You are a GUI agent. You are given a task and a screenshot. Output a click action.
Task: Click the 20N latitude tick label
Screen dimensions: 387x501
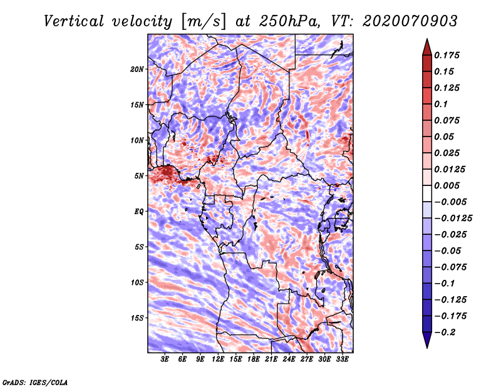tap(137, 69)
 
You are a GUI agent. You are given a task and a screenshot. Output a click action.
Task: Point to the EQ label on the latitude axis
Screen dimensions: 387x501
tap(138, 212)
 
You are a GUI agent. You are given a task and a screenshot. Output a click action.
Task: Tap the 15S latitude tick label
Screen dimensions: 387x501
tap(137, 318)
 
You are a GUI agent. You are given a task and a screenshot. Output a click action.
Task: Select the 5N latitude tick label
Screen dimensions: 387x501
tap(139, 176)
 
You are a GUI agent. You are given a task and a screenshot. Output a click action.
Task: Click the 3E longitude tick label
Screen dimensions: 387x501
tap(165, 359)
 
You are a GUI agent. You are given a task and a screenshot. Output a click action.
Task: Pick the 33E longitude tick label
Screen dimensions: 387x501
tap(342, 359)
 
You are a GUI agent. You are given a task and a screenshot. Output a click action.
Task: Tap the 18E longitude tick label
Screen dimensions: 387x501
tap(254, 359)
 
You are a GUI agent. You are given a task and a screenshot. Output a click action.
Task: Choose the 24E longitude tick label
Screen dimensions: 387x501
tap(289, 359)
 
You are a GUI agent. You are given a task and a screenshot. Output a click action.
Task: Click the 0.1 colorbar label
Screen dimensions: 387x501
tap(442, 104)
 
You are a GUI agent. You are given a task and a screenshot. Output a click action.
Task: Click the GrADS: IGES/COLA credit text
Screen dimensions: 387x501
tap(34, 381)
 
